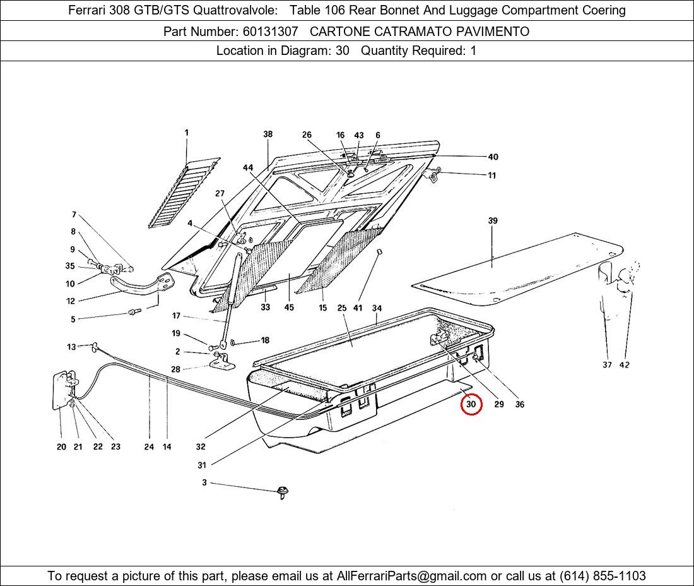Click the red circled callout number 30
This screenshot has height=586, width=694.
click(471, 404)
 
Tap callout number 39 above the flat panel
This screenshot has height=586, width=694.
click(493, 220)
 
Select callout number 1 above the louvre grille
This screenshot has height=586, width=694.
click(186, 133)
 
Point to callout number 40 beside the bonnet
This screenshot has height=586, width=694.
click(493, 157)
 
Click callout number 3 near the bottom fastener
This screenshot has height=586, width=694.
click(204, 482)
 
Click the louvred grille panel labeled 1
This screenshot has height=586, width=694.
click(184, 193)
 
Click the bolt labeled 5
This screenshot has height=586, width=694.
click(134, 312)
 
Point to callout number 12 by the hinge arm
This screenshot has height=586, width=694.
click(71, 301)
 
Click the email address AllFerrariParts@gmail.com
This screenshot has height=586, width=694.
click(411, 576)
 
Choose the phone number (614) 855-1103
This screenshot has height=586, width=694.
click(603, 576)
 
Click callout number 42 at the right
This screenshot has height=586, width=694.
click(624, 365)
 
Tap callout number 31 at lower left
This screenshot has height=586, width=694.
click(202, 465)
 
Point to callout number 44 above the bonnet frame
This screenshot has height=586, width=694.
click(248, 167)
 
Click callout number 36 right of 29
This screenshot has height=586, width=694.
click(520, 404)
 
